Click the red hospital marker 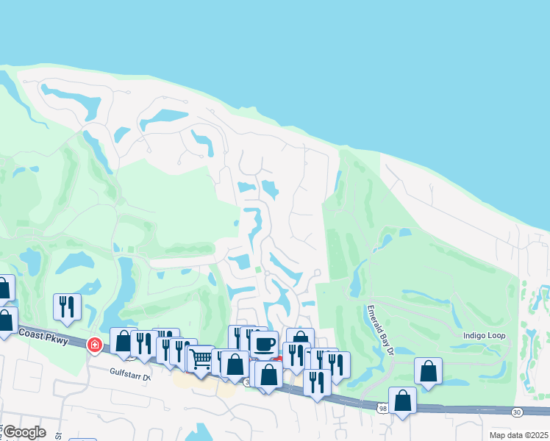click(x=94, y=344)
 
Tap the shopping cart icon click(x=200, y=359)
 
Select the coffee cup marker click(x=264, y=343)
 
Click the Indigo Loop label click(x=483, y=336)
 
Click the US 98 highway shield click(x=381, y=408)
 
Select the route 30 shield click(x=517, y=412)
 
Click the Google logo click(x=24, y=432)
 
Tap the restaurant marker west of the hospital click(x=67, y=306)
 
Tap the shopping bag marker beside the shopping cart click(x=235, y=364)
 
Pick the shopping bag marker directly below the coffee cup click(x=269, y=373)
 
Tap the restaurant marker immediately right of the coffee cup click(x=296, y=354)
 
